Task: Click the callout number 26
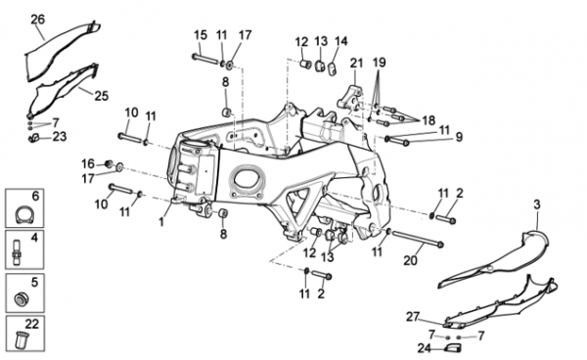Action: [x=38, y=20]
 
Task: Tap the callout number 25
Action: [x=101, y=96]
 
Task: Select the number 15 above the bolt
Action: [x=201, y=35]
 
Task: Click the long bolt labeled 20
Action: [x=417, y=239]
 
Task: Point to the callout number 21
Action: [x=356, y=63]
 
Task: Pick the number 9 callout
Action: [x=459, y=137]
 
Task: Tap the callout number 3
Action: [x=537, y=204]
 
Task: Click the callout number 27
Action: [x=413, y=317]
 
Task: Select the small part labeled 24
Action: [x=453, y=348]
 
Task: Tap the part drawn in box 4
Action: [x=17, y=253]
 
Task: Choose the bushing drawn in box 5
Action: [x=21, y=298]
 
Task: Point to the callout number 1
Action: [x=161, y=222]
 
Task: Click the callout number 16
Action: [x=88, y=164]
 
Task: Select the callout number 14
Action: [x=340, y=41]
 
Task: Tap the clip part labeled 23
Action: [x=34, y=138]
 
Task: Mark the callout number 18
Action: [x=429, y=120]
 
